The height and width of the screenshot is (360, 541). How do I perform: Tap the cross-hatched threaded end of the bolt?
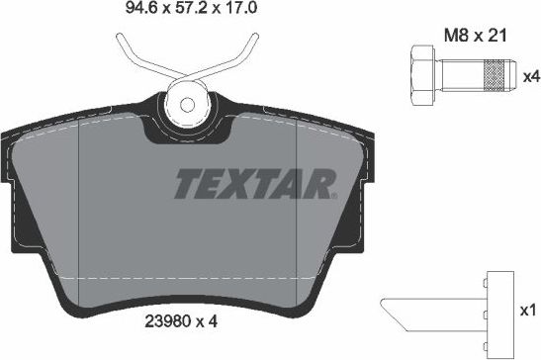(494, 75)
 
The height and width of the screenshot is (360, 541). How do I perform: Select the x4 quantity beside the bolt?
(529, 75)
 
